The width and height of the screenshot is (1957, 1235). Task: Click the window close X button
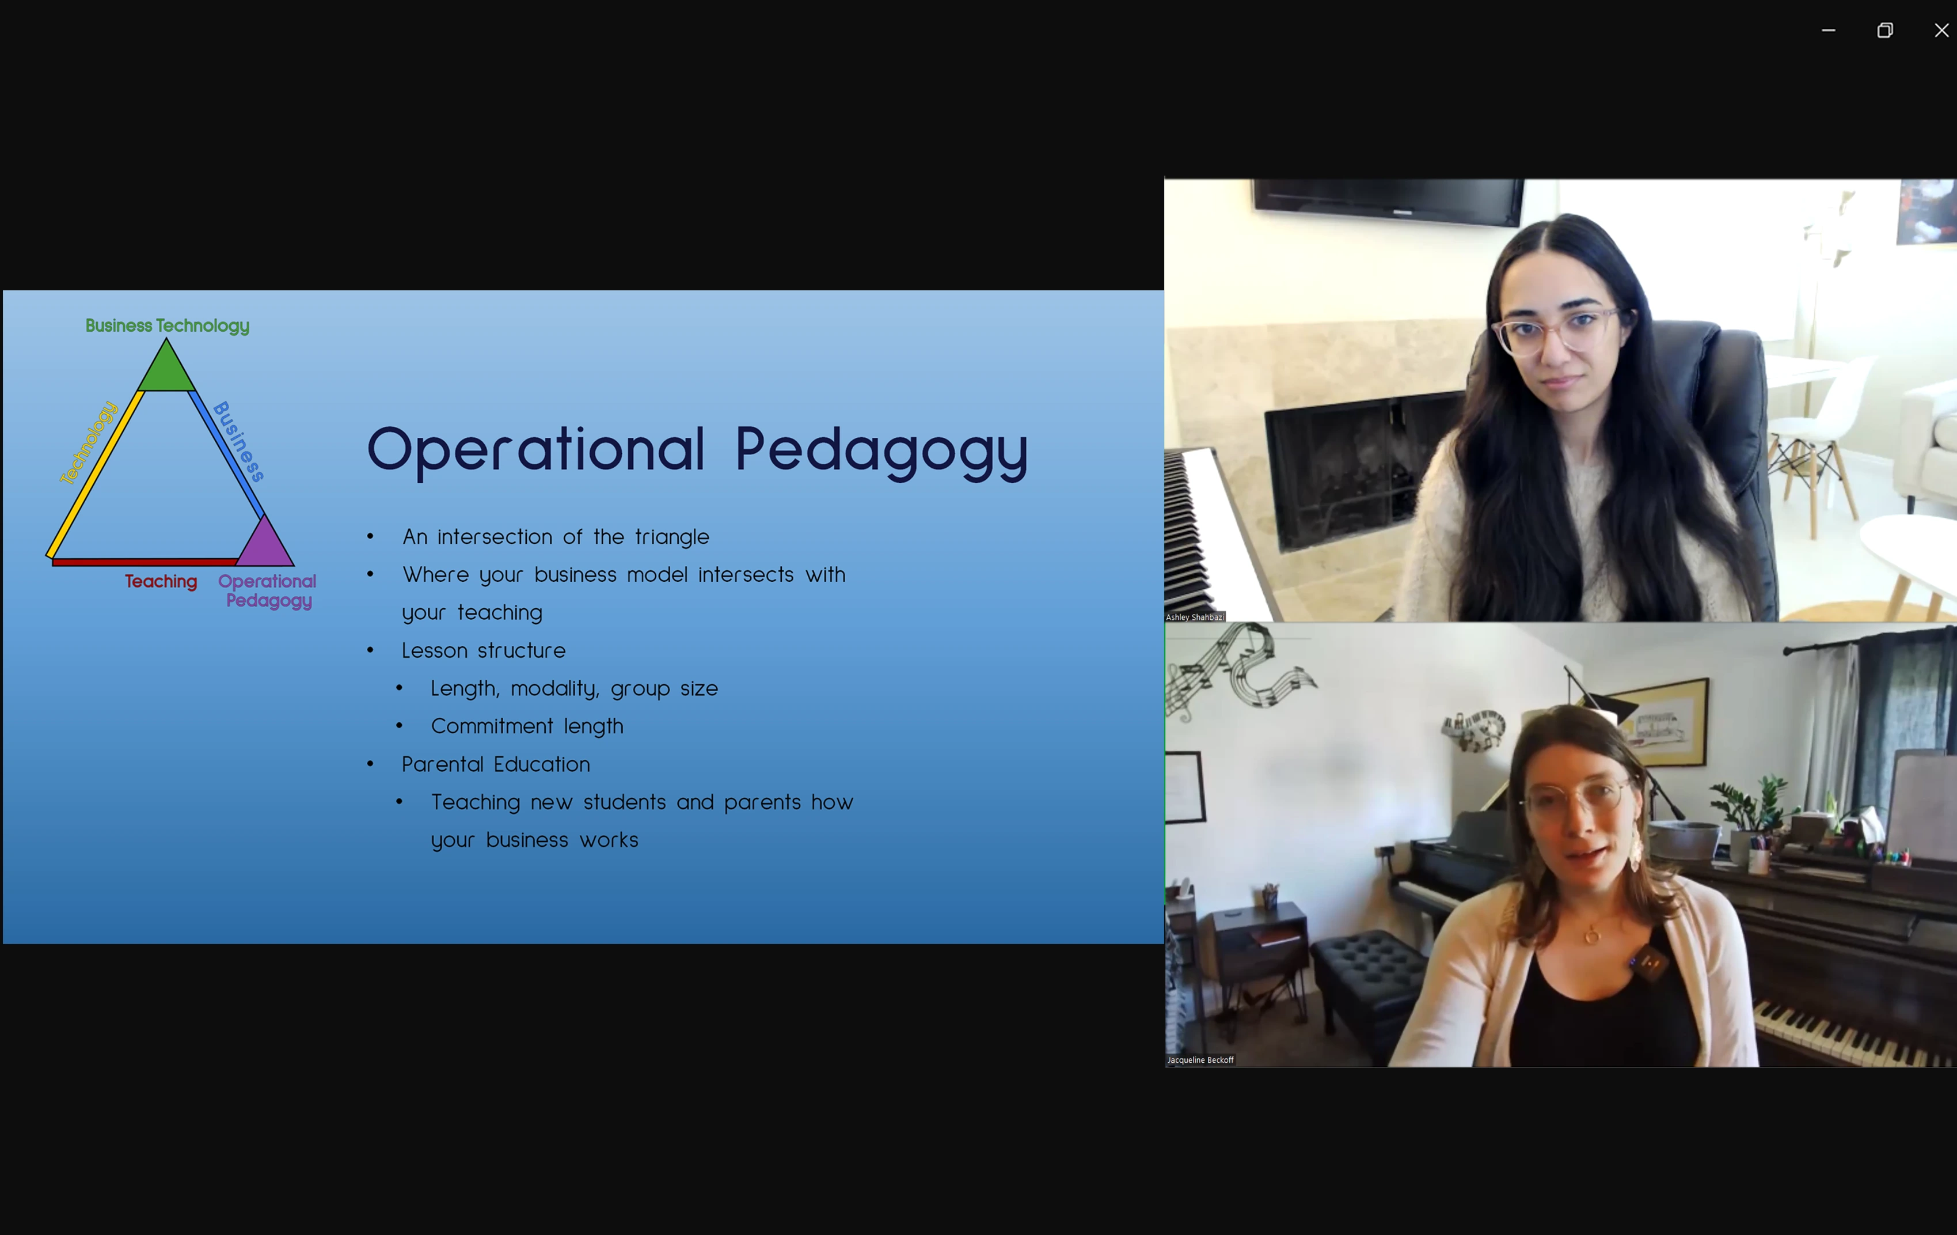point(1941,30)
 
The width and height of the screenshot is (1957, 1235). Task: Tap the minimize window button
point(1828,30)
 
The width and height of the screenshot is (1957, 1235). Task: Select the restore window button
point(1884,30)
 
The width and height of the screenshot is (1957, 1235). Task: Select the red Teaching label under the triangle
point(161,581)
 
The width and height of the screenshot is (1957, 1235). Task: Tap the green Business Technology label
point(168,326)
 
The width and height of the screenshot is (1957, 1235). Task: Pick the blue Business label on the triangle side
point(239,441)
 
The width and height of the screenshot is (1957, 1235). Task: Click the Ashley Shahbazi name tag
point(1195,617)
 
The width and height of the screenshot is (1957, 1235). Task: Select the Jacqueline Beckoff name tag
point(1200,1060)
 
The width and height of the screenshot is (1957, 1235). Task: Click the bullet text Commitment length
point(527,726)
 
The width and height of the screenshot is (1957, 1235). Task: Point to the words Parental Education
point(496,764)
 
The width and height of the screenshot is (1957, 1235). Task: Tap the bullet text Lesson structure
point(484,650)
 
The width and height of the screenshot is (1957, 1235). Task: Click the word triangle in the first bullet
point(672,537)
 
